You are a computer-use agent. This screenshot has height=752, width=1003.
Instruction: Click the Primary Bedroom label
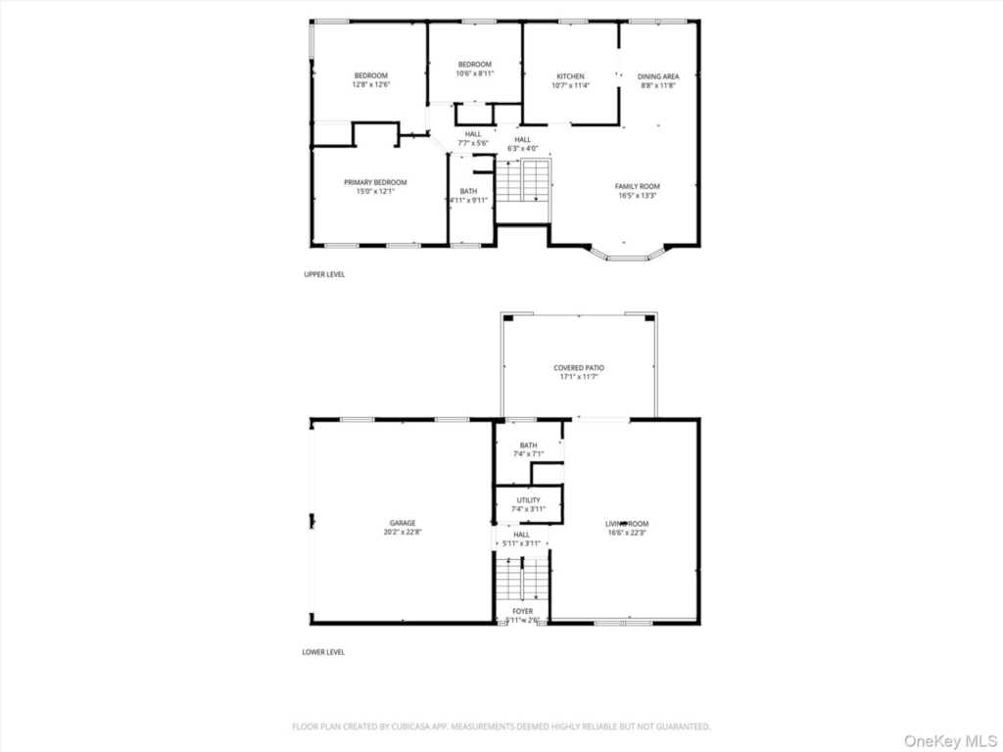pos(375,182)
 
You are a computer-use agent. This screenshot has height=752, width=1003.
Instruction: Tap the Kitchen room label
pos(571,76)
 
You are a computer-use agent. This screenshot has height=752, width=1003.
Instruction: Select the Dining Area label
pos(658,76)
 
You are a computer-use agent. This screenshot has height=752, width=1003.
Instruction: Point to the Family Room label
pos(638,186)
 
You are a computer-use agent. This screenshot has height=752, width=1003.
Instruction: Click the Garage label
pos(402,523)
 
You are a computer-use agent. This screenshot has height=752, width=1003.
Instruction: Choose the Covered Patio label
pos(580,368)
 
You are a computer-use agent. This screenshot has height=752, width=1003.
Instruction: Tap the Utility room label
pos(528,500)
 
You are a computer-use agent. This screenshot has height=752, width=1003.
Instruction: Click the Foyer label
pos(522,611)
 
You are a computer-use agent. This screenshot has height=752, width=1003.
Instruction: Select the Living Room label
pos(627,524)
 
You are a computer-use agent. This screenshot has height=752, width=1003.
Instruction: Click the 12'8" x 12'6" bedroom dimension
pos(371,85)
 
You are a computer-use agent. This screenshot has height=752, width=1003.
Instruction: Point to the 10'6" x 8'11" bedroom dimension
pos(475,73)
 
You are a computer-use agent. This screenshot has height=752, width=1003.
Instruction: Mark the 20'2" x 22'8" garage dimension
pos(402,533)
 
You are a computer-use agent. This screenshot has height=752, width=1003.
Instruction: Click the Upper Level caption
pos(324,274)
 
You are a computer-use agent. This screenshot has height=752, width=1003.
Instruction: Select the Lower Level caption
pos(323,652)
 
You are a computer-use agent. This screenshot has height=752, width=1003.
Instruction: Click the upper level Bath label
pos(469,191)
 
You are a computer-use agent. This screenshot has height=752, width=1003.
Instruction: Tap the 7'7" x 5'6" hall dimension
pos(473,143)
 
